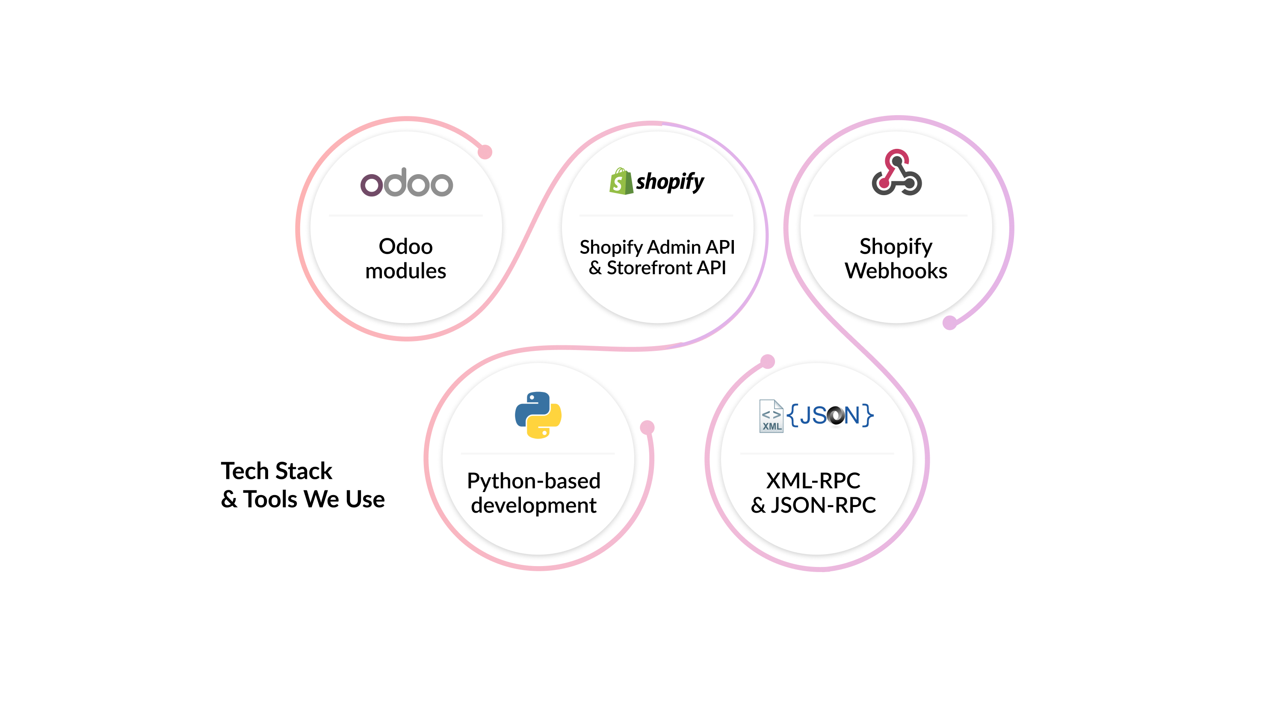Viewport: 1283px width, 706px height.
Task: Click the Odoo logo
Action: coord(406,183)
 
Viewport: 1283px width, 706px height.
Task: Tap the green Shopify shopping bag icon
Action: coord(621,181)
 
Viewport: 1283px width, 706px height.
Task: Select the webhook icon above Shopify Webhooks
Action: coord(896,172)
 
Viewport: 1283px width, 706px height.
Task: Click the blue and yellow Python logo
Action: coord(538,415)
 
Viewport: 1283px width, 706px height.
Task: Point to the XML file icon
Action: coord(771,416)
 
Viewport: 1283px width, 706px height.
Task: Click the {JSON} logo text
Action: coord(830,415)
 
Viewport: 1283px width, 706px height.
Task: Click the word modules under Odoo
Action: coord(405,271)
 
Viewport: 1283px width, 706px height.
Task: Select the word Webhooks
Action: coord(896,271)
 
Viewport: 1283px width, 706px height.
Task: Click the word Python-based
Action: coord(533,481)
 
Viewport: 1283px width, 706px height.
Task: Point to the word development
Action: coord(533,505)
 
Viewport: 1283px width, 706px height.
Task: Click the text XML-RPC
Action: coord(813,481)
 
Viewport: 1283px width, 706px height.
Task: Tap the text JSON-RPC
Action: coord(823,505)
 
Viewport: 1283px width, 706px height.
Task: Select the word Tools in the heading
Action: coord(270,499)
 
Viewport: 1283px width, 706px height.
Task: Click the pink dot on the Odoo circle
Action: coord(485,152)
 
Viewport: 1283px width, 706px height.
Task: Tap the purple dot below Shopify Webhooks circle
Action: coord(949,323)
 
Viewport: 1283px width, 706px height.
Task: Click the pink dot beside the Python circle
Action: coord(647,427)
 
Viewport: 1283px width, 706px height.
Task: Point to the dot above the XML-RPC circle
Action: coord(768,361)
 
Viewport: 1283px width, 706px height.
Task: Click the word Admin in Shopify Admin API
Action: coord(674,247)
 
